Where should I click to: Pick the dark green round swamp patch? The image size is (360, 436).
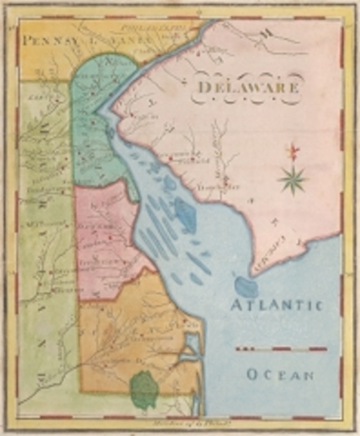(x=144, y=390)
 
